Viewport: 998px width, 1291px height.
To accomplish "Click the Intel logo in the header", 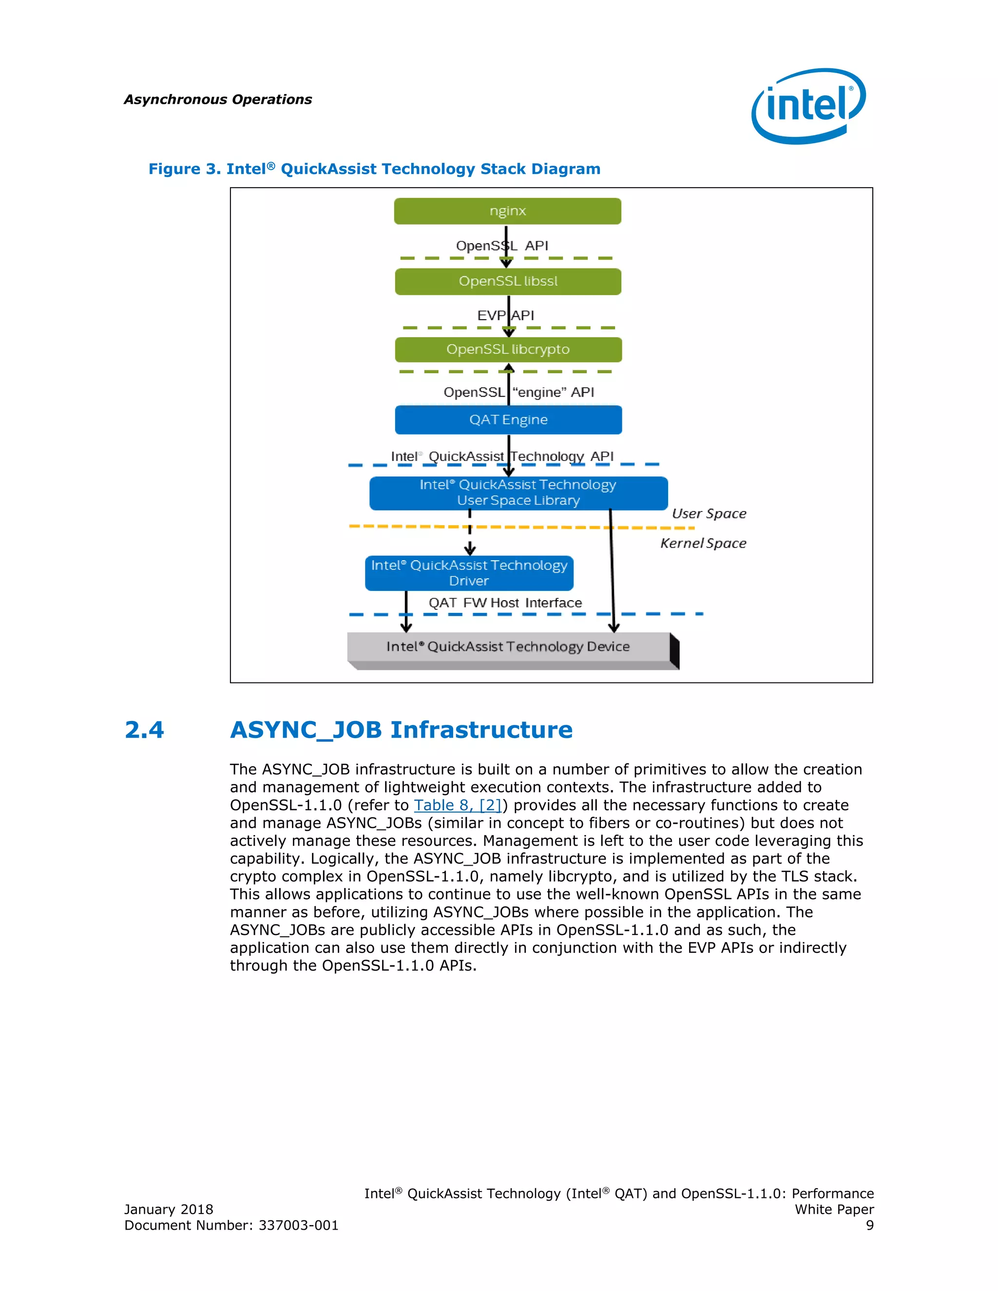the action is coord(808,106).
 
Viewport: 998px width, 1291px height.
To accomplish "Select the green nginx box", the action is coord(507,211).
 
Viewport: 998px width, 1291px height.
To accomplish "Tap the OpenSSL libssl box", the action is coord(508,282).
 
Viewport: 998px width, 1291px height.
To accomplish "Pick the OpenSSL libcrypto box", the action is coord(508,349).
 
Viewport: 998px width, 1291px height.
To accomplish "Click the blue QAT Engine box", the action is coord(508,419).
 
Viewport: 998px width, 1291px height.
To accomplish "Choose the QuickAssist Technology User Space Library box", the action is coord(518,493).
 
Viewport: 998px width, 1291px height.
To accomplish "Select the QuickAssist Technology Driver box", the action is coord(469,573).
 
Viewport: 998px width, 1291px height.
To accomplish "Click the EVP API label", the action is coord(505,316).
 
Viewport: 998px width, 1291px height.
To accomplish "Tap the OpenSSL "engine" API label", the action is coord(518,393).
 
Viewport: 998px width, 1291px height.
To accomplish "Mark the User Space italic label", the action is coord(709,513).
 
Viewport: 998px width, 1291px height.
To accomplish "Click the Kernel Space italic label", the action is coord(703,543).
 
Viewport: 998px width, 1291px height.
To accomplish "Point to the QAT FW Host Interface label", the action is coord(505,603).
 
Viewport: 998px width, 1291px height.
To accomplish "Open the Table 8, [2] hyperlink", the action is coord(458,805).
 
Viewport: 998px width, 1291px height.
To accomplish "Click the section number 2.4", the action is coord(144,730).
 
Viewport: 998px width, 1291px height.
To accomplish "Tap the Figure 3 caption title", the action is coord(374,169).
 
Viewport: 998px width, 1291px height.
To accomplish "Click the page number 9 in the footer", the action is coord(869,1225).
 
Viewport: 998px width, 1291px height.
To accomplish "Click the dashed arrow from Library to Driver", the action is coord(470,532).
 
